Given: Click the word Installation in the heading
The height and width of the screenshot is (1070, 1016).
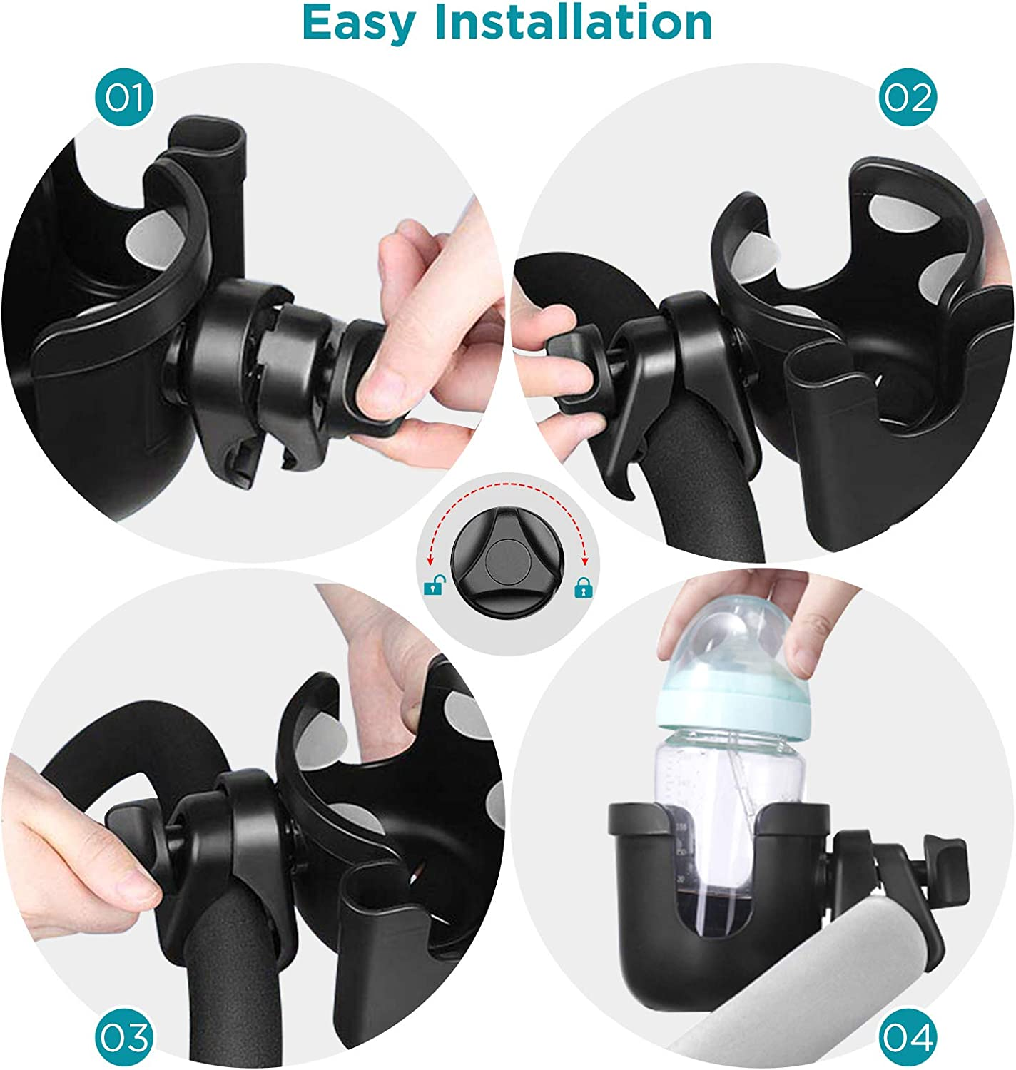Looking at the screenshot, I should click(x=574, y=23).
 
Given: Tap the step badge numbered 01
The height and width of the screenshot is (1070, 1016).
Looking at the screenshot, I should click(x=125, y=97).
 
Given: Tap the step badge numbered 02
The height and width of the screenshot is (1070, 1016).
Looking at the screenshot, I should click(x=907, y=97).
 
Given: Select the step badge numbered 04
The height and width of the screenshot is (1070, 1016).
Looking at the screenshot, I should click(x=906, y=1037).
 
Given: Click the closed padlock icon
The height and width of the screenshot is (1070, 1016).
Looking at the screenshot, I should click(x=583, y=588).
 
